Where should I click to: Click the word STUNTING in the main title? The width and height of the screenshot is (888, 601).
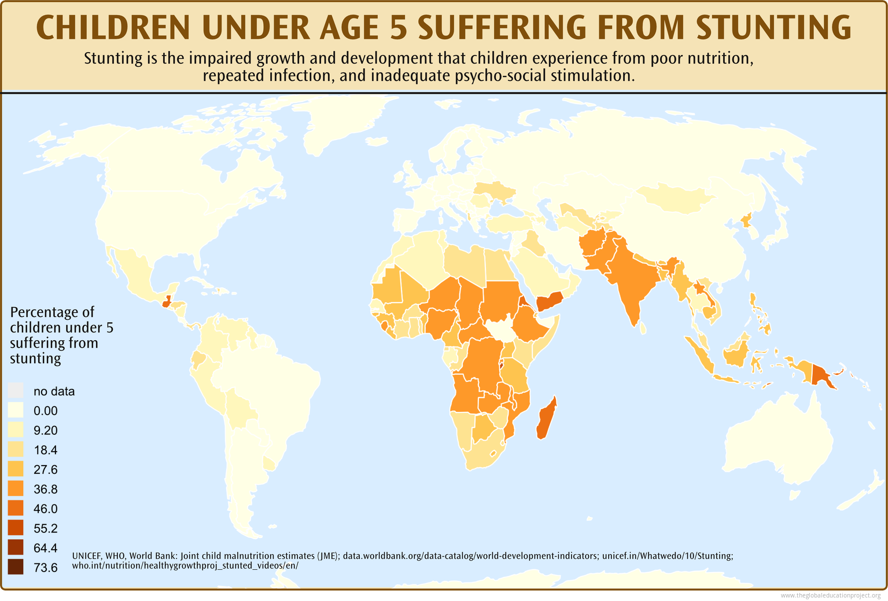(773, 27)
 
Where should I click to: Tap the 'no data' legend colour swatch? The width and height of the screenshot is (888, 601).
(16, 391)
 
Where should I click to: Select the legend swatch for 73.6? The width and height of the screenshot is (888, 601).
(16, 567)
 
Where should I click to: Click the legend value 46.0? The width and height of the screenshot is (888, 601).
(46, 509)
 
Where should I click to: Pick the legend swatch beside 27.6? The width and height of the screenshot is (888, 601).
(16, 469)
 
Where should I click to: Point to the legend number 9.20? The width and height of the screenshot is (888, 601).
(46, 430)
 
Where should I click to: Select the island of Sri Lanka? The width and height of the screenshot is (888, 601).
(643, 329)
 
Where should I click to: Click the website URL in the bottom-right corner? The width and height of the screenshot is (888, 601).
(830, 595)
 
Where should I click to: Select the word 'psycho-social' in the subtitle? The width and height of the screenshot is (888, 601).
(500, 76)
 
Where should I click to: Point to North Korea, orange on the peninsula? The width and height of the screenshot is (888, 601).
(746, 220)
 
